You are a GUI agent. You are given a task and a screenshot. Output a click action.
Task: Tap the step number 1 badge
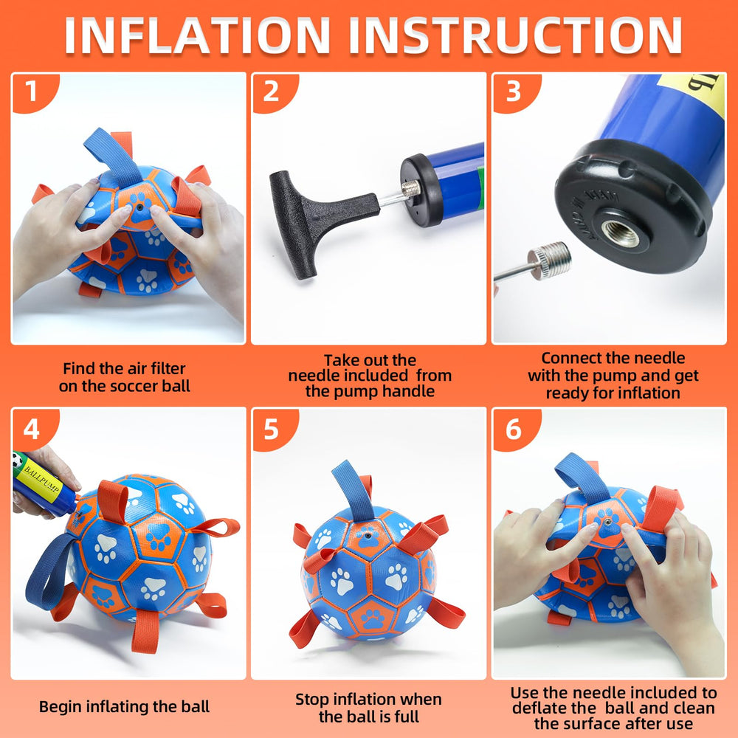30,92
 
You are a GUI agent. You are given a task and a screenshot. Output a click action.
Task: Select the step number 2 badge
271,92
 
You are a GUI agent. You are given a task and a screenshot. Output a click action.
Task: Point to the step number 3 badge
513,92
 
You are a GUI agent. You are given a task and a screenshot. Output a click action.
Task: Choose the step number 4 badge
30,428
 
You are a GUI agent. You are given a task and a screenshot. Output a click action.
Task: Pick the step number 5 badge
271,428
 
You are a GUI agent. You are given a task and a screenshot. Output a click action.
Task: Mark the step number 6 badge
513,428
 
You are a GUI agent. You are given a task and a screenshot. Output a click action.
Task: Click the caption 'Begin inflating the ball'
124,706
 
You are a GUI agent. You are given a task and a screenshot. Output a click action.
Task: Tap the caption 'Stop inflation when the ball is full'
368,707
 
